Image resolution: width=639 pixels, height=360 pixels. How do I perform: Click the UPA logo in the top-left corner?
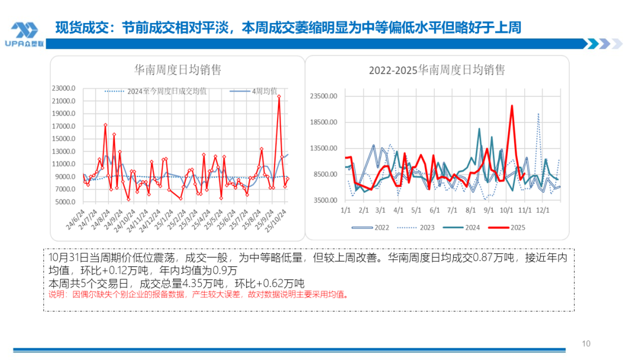(x=25, y=33)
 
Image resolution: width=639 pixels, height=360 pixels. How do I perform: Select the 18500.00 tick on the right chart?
(x=324, y=123)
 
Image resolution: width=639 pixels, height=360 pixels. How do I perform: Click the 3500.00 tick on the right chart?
(x=325, y=201)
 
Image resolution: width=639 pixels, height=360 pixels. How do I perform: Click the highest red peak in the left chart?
(x=279, y=96)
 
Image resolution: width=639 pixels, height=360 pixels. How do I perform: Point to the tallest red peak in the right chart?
(x=512, y=106)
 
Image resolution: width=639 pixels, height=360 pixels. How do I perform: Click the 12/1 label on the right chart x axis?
(x=543, y=210)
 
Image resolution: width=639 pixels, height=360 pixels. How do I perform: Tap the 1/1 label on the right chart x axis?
(x=345, y=210)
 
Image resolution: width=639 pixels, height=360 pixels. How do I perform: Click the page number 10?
(x=586, y=344)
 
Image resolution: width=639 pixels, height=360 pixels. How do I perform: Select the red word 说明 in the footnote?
(x=54, y=294)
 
